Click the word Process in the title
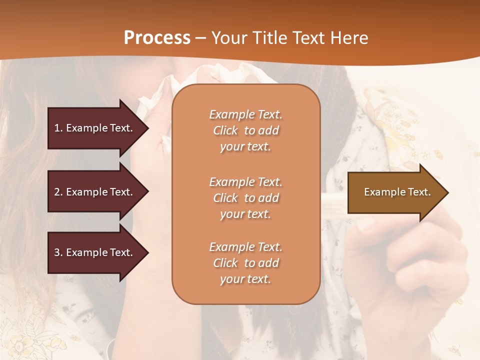coord(157,38)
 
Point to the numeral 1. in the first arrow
coord(58,128)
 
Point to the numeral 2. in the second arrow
coord(58,192)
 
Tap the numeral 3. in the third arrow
coord(58,252)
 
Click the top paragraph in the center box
coord(245,130)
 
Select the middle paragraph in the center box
coord(245,198)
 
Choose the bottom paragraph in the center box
coord(245,263)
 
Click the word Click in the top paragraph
coord(225,130)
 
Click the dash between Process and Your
coord(201,38)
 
